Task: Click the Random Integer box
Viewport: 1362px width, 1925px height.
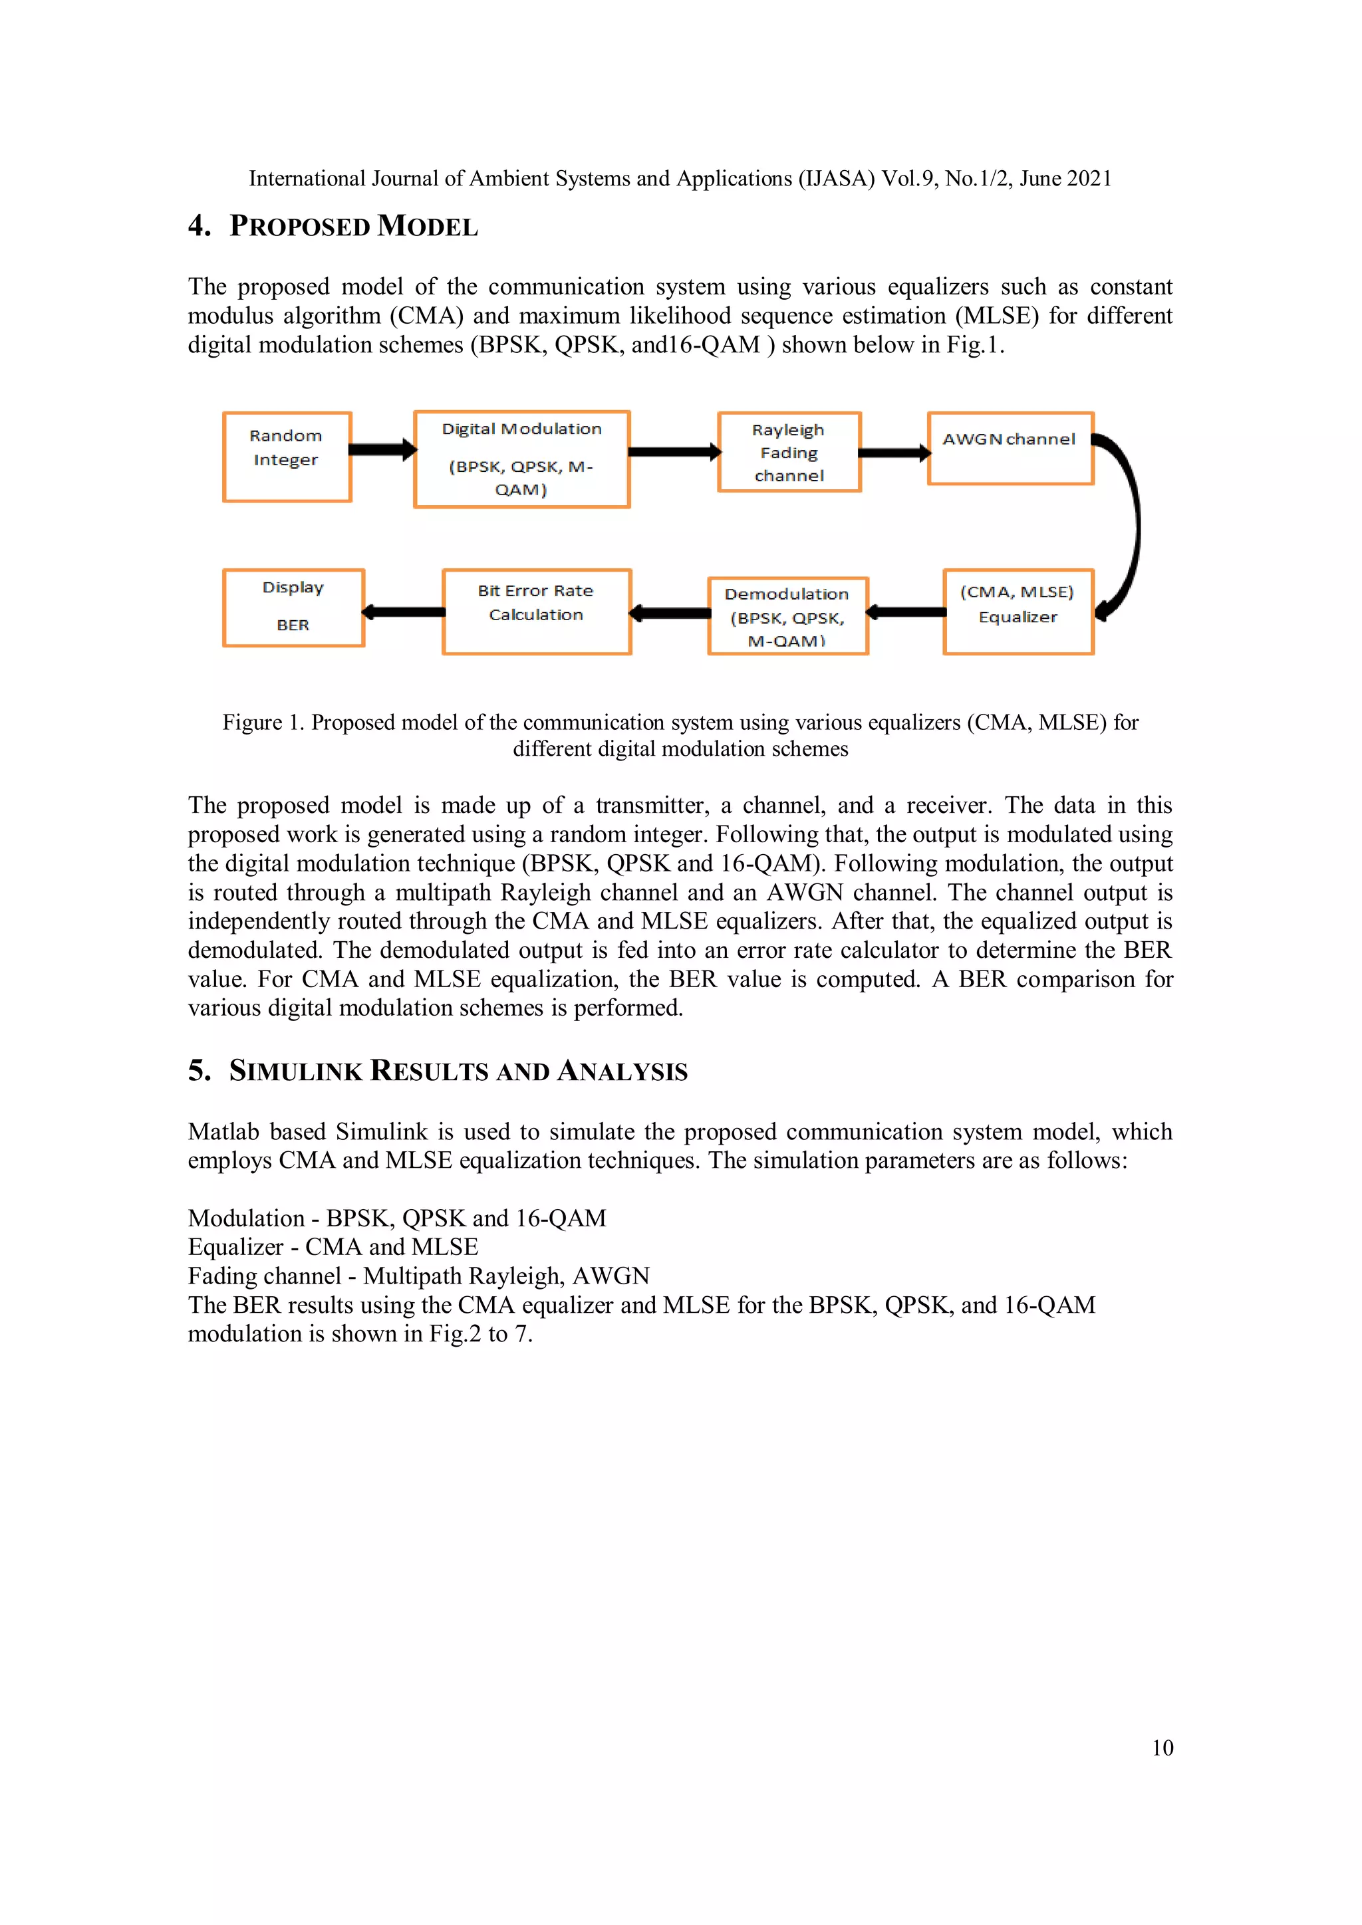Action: (x=287, y=457)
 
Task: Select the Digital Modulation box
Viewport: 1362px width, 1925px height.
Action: (x=521, y=459)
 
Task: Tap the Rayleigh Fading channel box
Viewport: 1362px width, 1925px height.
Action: (x=789, y=453)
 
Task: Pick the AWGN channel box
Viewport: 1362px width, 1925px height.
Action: (x=1010, y=449)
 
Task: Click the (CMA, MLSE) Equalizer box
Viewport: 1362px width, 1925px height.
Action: (x=1018, y=612)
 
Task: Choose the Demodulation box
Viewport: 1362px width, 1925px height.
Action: (x=787, y=616)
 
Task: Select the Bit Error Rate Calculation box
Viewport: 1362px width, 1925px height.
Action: (x=536, y=612)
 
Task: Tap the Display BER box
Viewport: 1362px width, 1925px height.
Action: (x=293, y=607)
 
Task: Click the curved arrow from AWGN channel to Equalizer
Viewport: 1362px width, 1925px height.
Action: (x=1129, y=528)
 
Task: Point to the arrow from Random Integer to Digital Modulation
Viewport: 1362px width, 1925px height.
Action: (x=382, y=449)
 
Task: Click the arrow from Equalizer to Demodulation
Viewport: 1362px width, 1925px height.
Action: (x=906, y=612)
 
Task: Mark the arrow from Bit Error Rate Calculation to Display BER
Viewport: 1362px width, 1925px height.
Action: (x=404, y=612)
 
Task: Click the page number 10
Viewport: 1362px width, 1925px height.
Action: (x=1162, y=1748)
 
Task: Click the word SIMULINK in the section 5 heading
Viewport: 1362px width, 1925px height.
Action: (x=295, y=1072)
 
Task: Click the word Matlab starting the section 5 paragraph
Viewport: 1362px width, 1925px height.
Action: (x=223, y=1132)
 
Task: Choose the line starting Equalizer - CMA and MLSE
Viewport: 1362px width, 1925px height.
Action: (x=333, y=1247)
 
